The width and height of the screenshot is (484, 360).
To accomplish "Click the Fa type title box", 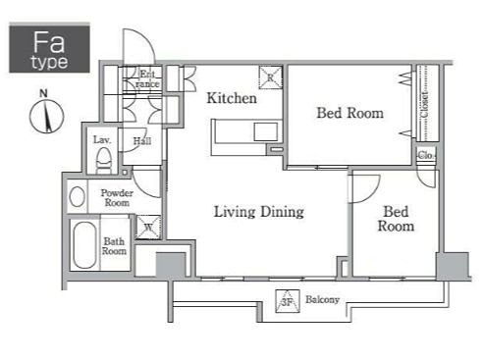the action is [x=49, y=48].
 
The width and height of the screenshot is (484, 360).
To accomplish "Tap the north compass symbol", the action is [x=46, y=116].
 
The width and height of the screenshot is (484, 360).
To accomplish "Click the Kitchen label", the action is [x=232, y=98].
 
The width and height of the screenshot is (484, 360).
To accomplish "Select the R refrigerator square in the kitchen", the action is [x=270, y=77].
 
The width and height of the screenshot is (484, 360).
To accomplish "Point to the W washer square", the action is [x=148, y=227].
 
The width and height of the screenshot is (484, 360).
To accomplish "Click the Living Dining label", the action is [x=259, y=212].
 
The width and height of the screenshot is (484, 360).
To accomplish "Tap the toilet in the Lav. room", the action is [x=104, y=160].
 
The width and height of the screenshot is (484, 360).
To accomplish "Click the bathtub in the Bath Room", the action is [x=84, y=244].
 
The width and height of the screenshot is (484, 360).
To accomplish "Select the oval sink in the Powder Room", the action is [x=78, y=196].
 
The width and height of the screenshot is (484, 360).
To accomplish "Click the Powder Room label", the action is [x=117, y=197].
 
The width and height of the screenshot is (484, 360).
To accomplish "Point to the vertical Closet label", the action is [x=424, y=104].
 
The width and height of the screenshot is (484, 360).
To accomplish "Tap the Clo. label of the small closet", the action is [x=426, y=155].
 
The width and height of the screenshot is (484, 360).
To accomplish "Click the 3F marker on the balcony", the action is [x=288, y=301].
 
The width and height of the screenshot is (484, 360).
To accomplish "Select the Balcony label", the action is [x=322, y=299].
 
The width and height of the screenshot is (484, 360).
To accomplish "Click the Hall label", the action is [x=142, y=141].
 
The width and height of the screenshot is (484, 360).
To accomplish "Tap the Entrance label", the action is [x=147, y=78].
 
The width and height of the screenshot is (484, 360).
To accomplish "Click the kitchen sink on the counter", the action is [x=266, y=131].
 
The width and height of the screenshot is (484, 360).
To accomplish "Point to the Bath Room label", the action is [x=114, y=246].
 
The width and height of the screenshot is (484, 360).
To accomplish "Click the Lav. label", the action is [x=102, y=140].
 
